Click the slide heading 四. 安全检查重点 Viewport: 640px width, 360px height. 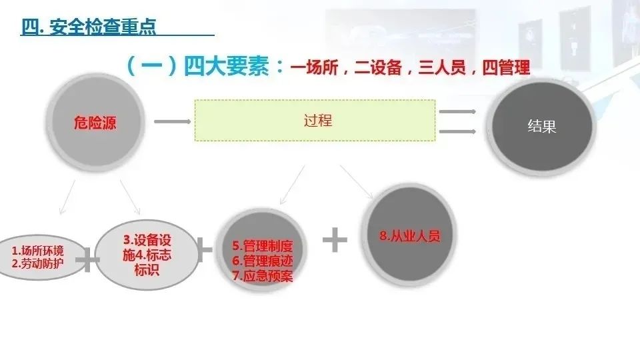(x=89, y=27)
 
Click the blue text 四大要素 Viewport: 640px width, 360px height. (x=226, y=66)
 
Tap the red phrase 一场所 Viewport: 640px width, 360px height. (x=315, y=67)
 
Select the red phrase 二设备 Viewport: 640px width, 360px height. (x=379, y=67)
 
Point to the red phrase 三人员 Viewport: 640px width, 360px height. (x=442, y=67)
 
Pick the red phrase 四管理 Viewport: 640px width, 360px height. (x=506, y=67)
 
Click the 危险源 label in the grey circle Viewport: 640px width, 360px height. (x=95, y=123)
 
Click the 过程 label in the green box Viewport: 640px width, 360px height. (x=318, y=121)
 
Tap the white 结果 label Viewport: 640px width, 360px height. (x=541, y=126)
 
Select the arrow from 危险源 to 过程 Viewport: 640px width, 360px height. (x=172, y=121)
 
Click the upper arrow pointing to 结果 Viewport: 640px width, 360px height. (x=457, y=111)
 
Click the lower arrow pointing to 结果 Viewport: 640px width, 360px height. (x=457, y=131)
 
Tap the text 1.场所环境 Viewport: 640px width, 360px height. (x=37, y=250)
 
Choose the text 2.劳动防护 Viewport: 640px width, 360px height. (x=37, y=263)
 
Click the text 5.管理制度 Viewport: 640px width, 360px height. (x=263, y=246)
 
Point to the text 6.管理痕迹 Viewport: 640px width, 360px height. (x=263, y=261)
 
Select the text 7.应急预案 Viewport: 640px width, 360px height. (x=263, y=276)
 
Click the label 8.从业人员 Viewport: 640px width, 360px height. (x=410, y=236)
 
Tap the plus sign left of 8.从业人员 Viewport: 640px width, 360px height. (x=335, y=239)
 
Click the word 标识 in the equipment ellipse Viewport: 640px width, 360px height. (x=147, y=270)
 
